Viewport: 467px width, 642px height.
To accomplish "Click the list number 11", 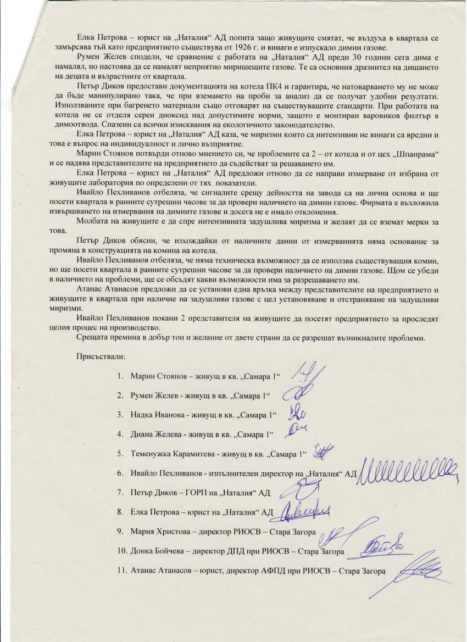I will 121,571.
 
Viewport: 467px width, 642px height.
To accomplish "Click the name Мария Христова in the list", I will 157,532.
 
